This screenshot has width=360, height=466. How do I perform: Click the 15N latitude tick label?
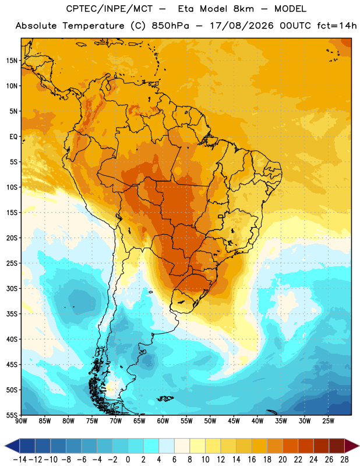(x=12, y=61)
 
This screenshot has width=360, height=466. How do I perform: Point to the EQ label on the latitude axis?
(x=13, y=137)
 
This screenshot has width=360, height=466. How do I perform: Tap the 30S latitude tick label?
(x=12, y=288)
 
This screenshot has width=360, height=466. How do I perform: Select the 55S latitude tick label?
(x=12, y=415)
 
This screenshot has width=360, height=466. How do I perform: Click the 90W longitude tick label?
(x=21, y=421)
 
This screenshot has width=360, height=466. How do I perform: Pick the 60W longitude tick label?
(x=163, y=421)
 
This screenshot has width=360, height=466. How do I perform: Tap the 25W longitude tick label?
(x=328, y=421)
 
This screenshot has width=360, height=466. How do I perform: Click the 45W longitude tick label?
(x=234, y=421)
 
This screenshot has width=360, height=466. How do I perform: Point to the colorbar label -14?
(x=20, y=460)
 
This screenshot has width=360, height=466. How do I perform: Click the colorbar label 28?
(x=344, y=460)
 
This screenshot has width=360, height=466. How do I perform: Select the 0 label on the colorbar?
(x=128, y=460)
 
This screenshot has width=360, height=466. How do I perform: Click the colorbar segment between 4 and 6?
(x=167, y=446)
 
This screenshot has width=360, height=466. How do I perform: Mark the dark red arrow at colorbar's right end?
(x=351, y=446)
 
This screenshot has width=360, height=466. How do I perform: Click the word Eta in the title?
(x=186, y=9)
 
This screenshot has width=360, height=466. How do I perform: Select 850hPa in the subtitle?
(x=170, y=26)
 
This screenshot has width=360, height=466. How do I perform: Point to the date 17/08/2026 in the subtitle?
(x=242, y=26)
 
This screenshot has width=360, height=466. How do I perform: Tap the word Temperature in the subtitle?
(x=93, y=26)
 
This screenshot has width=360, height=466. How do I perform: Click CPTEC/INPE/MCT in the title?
(x=110, y=9)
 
